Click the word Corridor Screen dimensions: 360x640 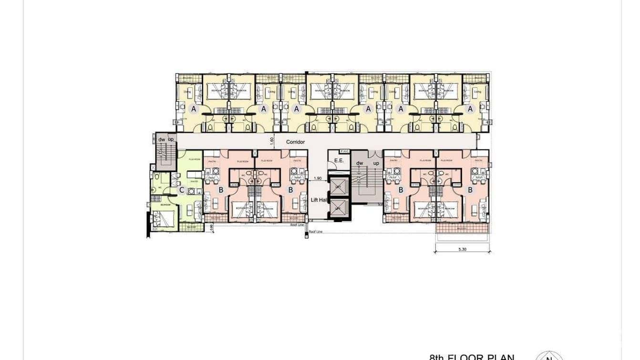click(295, 142)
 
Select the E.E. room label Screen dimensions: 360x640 click(339, 160)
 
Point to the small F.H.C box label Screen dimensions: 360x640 click(345, 152)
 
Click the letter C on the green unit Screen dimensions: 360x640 click(181, 190)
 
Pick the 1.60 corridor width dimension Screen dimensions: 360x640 click(271, 141)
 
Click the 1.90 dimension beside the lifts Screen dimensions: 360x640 click(318, 179)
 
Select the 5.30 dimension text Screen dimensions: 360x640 click(462, 249)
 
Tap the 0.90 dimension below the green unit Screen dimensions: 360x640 click(211, 228)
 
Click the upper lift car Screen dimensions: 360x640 click(338, 186)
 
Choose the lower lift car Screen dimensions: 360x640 click(338, 208)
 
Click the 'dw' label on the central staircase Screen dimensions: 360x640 click(360, 163)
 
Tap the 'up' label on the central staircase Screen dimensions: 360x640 click(376, 163)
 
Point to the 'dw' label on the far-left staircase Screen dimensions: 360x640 click(162, 139)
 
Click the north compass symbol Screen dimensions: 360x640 click(549, 356)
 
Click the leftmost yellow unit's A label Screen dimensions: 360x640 click(194, 109)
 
